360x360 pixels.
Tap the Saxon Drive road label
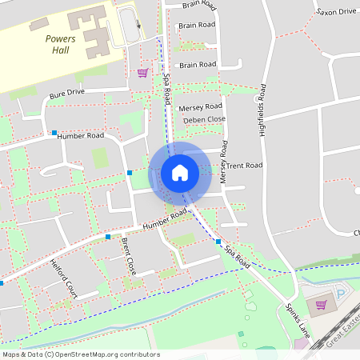(336, 12)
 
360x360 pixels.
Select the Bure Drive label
(66, 94)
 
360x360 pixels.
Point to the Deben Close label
(204, 119)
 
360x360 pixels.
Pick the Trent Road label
(243, 166)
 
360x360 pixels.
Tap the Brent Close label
(129, 255)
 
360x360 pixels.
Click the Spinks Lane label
(297, 318)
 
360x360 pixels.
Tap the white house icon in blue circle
(180, 173)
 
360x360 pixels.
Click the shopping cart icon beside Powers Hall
(142, 73)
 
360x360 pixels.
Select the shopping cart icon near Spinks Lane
(322, 304)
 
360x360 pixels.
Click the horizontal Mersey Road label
(200, 106)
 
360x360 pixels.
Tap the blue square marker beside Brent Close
(108, 237)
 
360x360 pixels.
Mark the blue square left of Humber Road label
(54, 133)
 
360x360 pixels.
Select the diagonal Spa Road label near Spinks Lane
(237, 256)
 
